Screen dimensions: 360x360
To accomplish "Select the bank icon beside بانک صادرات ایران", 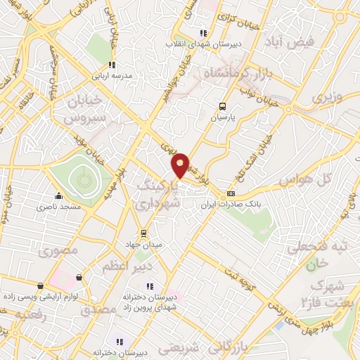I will point(231,194).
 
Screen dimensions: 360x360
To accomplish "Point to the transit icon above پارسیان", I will point(223,107).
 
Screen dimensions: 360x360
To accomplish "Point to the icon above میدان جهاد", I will point(143,233).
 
